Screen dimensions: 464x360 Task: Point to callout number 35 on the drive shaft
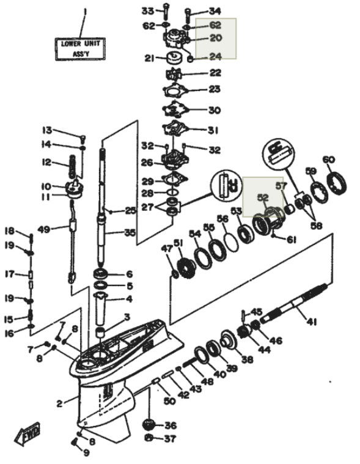[129, 233]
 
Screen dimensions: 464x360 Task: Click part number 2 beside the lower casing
[59, 403]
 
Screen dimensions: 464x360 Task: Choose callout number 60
[329, 160]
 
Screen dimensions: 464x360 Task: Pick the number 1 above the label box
[85, 11]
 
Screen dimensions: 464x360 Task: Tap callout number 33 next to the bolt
[148, 11]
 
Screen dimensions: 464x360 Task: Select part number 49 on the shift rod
[43, 230]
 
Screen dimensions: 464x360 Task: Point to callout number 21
[150, 59]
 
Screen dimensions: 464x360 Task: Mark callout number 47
[166, 248]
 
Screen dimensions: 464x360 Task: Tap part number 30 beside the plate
[197, 111]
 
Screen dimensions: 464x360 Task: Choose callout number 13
[48, 130]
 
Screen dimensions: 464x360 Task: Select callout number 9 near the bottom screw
[86, 452]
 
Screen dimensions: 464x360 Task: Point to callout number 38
[247, 359]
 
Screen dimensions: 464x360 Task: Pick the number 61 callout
[291, 240]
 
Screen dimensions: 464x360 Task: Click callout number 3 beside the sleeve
[127, 317]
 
